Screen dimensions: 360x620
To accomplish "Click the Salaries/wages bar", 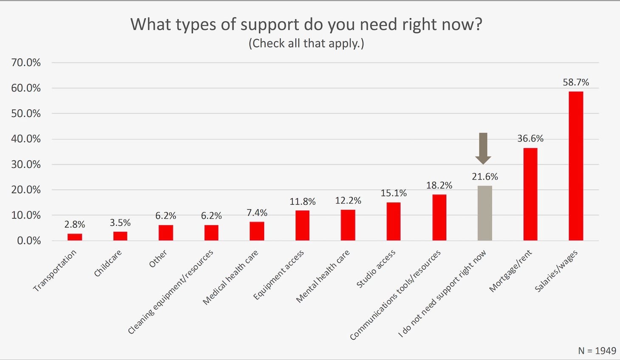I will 576,166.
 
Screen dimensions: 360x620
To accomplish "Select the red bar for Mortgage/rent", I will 530,194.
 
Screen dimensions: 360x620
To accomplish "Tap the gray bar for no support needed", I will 485,213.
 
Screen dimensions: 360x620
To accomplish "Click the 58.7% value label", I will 576,82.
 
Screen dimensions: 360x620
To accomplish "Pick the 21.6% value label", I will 485,177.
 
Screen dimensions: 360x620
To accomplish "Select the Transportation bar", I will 75,237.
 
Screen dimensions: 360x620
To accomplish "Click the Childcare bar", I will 120,236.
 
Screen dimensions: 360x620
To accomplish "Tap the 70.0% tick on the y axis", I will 26,63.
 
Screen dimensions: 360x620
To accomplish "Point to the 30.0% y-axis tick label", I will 26,164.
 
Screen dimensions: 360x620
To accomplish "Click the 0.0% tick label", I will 29,241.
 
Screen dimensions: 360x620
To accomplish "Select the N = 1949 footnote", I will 597,351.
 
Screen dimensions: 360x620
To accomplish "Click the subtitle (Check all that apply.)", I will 306,43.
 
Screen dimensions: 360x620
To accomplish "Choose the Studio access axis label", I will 376,269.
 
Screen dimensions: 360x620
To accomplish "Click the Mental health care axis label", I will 323,276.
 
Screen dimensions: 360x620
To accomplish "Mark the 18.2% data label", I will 439,186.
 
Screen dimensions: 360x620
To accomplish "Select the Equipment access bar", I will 302,225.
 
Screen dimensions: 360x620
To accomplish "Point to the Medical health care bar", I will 257,231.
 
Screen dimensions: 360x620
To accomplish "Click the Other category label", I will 158,259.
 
